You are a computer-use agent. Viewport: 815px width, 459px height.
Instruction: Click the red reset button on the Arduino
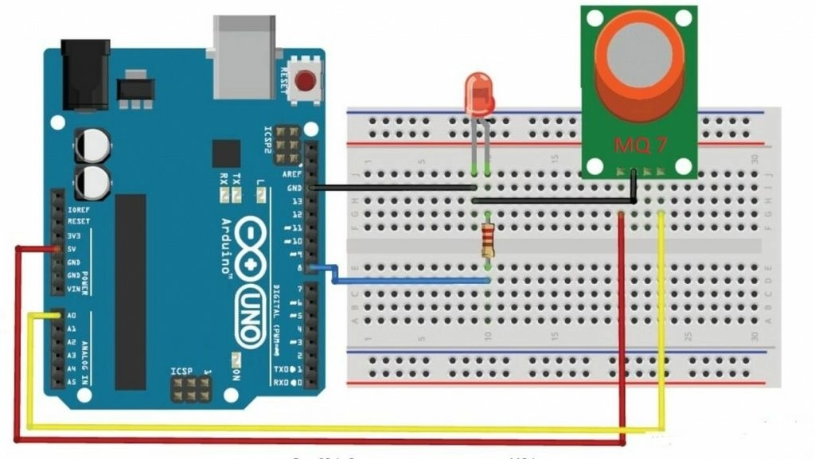click(304, 80)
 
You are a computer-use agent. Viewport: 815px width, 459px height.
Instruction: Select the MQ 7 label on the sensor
click(639, 146)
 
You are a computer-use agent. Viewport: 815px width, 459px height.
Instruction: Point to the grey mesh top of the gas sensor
click(639, 50)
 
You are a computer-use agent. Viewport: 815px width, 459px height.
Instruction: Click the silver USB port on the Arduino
click(243, 56)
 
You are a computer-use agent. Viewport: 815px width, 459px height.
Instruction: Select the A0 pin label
click(72, 315)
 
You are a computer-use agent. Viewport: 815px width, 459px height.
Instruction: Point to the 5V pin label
click(72, 249)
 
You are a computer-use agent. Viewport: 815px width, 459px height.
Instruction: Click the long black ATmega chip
click(131, 291)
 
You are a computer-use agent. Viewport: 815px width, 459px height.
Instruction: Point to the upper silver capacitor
click(92, 146)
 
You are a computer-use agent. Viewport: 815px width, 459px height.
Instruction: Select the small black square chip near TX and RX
click(226, 154)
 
